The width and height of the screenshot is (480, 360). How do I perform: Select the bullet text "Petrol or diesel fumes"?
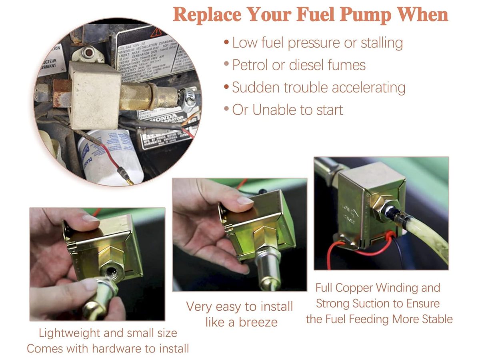pyautogui.click(x=299, y=65)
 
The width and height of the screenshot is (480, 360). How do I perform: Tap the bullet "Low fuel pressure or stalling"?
pyautogui.click(x=317, y=42)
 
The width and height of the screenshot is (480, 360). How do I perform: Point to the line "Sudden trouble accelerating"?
pyautogui.click(x=318, y=87)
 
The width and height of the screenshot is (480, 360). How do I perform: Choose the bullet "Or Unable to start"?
pyautogui.click(x=287, y=110)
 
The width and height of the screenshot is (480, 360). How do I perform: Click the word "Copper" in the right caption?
pyautogui.click(x=358, y=288)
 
